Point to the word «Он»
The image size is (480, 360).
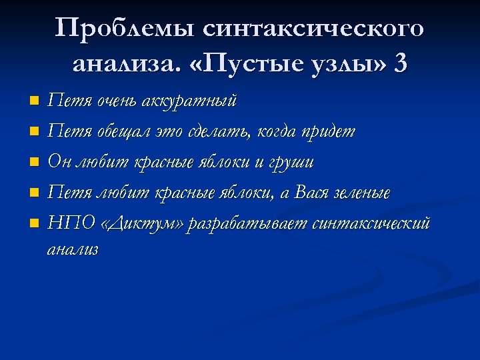click(x=61, y=163)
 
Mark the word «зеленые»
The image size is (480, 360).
click(x=365, y=193)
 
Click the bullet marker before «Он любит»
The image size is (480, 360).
click(x=35, y=163)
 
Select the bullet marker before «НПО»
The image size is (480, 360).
click(x=35, y=224)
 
